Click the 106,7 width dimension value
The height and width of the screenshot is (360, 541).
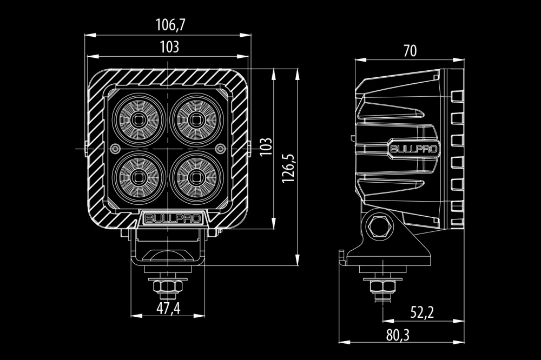pyautogui.click(x=170, y=25)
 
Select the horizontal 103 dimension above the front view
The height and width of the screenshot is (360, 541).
pyautogui.click(x=169, y=47)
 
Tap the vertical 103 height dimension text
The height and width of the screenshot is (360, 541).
pyautogui.click(x=266, y=146)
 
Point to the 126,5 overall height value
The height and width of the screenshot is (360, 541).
pyautogui.click(x=288, y=168)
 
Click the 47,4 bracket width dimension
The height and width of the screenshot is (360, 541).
pyautogui.click(x=168, y=308)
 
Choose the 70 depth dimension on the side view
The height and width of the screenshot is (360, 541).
pyautogui.click(x=410, y=51)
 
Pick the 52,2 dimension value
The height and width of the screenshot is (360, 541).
pyautogui.click(x=422, y=312)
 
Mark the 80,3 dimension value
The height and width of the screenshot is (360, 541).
pyautogui.click(x=398, y=335)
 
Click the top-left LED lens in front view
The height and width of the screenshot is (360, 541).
pyautogui.click(x=139, y=119)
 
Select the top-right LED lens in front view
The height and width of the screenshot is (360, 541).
pyautogui.click(x=196, y=119)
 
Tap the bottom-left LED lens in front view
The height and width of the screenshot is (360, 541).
pyautogui.click(x=139, y=178)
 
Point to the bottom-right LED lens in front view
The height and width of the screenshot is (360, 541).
pyautogui.click(x=196, y=178)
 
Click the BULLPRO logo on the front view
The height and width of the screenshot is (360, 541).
pyautogui.click(x=173, y=218)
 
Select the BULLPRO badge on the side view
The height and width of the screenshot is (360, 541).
pyautogui.click(x=414, y=149)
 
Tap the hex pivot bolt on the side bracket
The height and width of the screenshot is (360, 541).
pyautogui.click(x=380, y=226)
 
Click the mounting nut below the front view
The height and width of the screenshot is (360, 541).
pyautogui.click(x=168, y=286)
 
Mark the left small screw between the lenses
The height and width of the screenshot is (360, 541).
pyautogui.click(x=116, y=149)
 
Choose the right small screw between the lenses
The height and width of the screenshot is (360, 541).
pyautogui.click(x=220, y=149)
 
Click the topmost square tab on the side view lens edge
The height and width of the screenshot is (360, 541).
pyautogui.click(x=457, y=96)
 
